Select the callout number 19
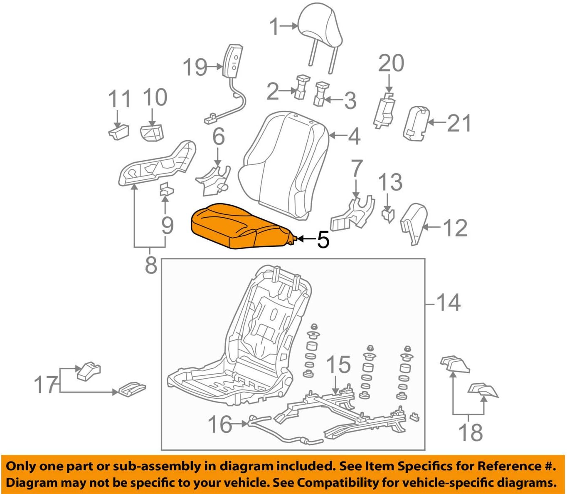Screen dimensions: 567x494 pos(195,67)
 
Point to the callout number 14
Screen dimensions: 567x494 pos(449,303)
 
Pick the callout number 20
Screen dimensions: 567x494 pos(391,64)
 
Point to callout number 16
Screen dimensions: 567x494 pos(220,424)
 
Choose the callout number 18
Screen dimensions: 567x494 pos(471,432)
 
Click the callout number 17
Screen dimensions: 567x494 pos(46,385)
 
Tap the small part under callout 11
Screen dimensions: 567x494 pos(119,132)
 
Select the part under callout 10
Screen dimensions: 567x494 pos(152,132)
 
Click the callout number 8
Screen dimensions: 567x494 pos(151,265)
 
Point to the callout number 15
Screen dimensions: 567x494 pos(338,365)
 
